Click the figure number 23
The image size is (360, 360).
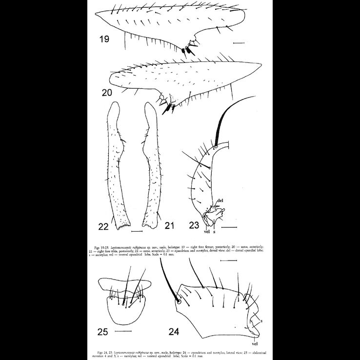pyautogui.click(x=194, y=225)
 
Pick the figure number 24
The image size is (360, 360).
pyautogui.click(x=174, y=332)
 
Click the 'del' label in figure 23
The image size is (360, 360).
pyautogui.click(x=220, y=200)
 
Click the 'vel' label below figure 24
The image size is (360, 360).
pyautogui.click(x=254, y=344)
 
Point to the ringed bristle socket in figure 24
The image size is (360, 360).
pyautogui.click(x=179, y=301)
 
